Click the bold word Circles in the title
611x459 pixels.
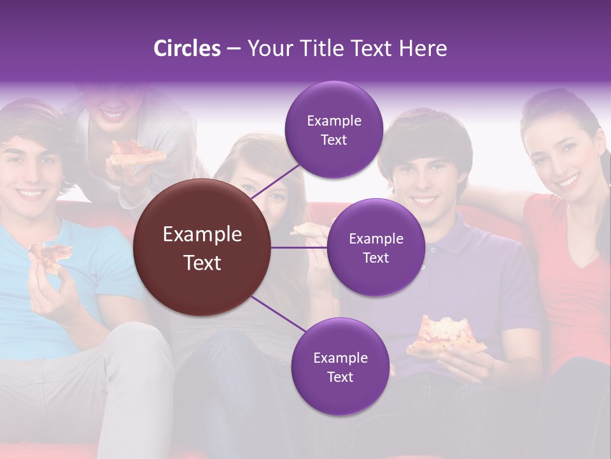186,48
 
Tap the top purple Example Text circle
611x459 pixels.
334,129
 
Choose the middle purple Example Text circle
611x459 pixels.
376,247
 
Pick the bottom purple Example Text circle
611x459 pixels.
340,367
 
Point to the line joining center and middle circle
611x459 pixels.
299,247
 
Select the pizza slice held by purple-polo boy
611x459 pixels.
446,335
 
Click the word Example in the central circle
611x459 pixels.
202,235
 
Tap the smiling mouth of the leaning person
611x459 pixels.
113,115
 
